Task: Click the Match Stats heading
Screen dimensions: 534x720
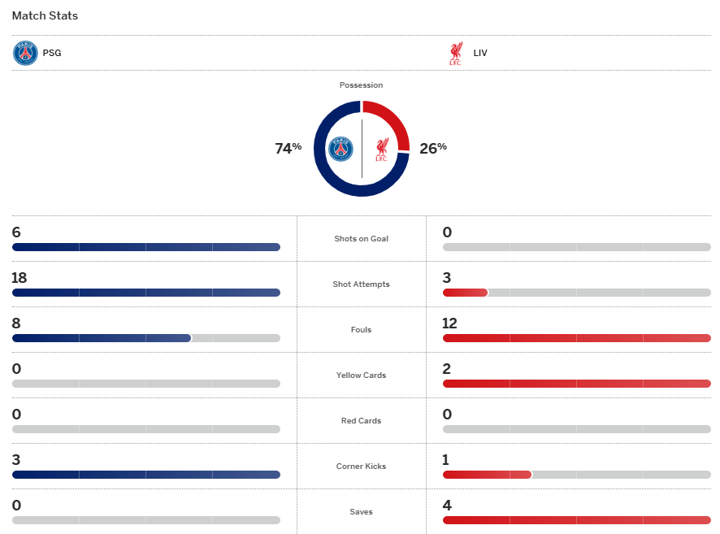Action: pos(45,15)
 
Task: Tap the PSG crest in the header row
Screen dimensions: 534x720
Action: pos(25,54)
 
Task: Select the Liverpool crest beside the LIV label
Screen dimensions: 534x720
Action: pos(455,54)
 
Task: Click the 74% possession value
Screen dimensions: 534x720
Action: pos(288,148)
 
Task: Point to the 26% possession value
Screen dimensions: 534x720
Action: pos(433,148)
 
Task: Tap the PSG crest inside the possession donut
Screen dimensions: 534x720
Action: pos(341,149)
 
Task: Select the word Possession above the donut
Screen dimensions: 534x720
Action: pos(361,85)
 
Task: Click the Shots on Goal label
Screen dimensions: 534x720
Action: pos(361,239)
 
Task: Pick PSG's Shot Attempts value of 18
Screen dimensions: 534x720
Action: pos(20,278)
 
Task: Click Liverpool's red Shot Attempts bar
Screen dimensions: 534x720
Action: pos(465,293)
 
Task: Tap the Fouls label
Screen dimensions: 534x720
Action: pos(361,330)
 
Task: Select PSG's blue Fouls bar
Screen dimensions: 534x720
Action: pos(102,338)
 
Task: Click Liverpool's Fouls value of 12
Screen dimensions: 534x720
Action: pos(450,323)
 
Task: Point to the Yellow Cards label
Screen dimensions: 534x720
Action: pos(361,376)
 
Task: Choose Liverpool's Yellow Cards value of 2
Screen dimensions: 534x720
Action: pos(447,369)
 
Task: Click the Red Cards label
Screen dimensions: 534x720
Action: pos(361,421)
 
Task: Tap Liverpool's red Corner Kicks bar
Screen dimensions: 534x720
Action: pos(487,475)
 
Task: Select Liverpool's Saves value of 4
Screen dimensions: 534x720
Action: pos(447,506)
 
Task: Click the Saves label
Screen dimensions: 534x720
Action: pos(361,512)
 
